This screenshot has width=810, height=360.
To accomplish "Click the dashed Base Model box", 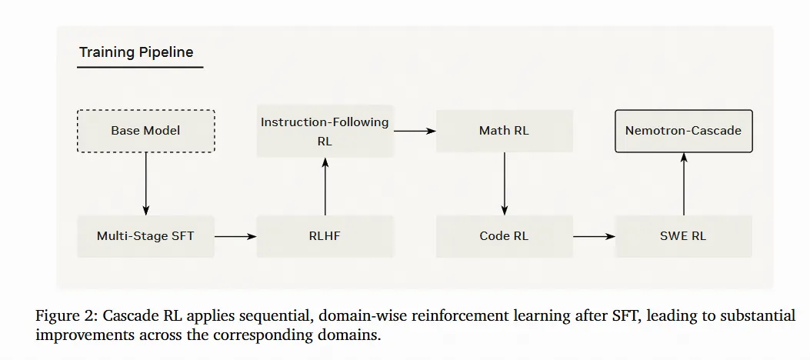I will click(x=145, y=131).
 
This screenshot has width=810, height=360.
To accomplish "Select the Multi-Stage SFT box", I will click(x=145, y=236).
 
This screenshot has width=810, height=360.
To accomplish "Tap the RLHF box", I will click(x=325, y=236).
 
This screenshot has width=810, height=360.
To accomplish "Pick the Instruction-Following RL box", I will click(x=325, y=131).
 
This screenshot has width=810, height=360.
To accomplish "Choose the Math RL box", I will click(x=504, y=131).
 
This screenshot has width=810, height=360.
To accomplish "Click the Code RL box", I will click(x=504, y=236).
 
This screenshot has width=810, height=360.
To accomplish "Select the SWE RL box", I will click(x=683, y=236).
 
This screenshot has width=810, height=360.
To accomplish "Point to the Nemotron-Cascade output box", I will click(x=683, y=131).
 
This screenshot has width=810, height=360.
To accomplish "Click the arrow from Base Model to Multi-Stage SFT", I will click(x=145, y=184).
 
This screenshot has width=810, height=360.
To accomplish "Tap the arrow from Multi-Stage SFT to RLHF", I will click(x=235, y=236).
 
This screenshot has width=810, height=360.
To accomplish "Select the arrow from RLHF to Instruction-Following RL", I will click(x=325, y=186).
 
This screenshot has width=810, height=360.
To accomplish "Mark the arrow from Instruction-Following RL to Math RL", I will click(x=415, y=131).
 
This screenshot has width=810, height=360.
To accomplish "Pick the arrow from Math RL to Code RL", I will click(x=504, y=184).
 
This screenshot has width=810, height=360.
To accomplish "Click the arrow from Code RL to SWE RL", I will click(x=594, y=236).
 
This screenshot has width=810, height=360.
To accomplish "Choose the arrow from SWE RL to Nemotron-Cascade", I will click(x=683, y=184).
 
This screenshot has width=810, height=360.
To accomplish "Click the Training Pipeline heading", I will click(x=136, y=53).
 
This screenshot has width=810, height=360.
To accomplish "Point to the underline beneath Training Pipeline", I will click(x=139, y=68).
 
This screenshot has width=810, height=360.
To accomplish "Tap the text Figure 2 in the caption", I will click(x=65, y=316).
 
